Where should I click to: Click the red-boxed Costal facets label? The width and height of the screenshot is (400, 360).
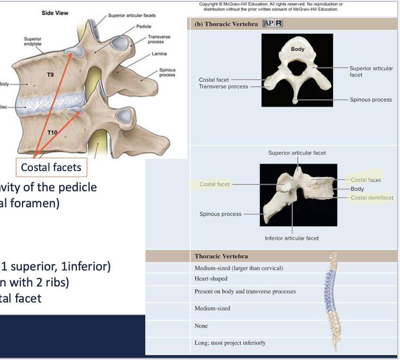51,167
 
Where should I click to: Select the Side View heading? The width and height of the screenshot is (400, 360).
55,13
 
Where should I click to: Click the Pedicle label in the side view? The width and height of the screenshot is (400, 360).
143,26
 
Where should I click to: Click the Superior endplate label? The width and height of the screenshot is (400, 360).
33,41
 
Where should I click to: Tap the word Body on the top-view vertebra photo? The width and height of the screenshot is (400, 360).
298,49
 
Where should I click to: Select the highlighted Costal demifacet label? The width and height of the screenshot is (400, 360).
372,197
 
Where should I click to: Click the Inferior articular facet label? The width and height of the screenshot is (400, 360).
292,238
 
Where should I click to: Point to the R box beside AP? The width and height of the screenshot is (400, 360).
279,24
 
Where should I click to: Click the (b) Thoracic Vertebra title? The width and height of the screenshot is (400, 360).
226,24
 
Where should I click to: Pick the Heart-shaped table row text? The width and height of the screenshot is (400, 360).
211,278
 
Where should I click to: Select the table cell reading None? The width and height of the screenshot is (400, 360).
201,326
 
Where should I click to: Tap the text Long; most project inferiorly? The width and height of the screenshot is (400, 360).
230,343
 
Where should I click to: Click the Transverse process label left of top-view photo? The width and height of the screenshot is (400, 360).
223,86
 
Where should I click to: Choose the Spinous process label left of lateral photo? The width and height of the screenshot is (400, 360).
220,214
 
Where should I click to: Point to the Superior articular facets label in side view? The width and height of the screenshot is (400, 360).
132,16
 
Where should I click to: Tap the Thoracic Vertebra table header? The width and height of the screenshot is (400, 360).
221,256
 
